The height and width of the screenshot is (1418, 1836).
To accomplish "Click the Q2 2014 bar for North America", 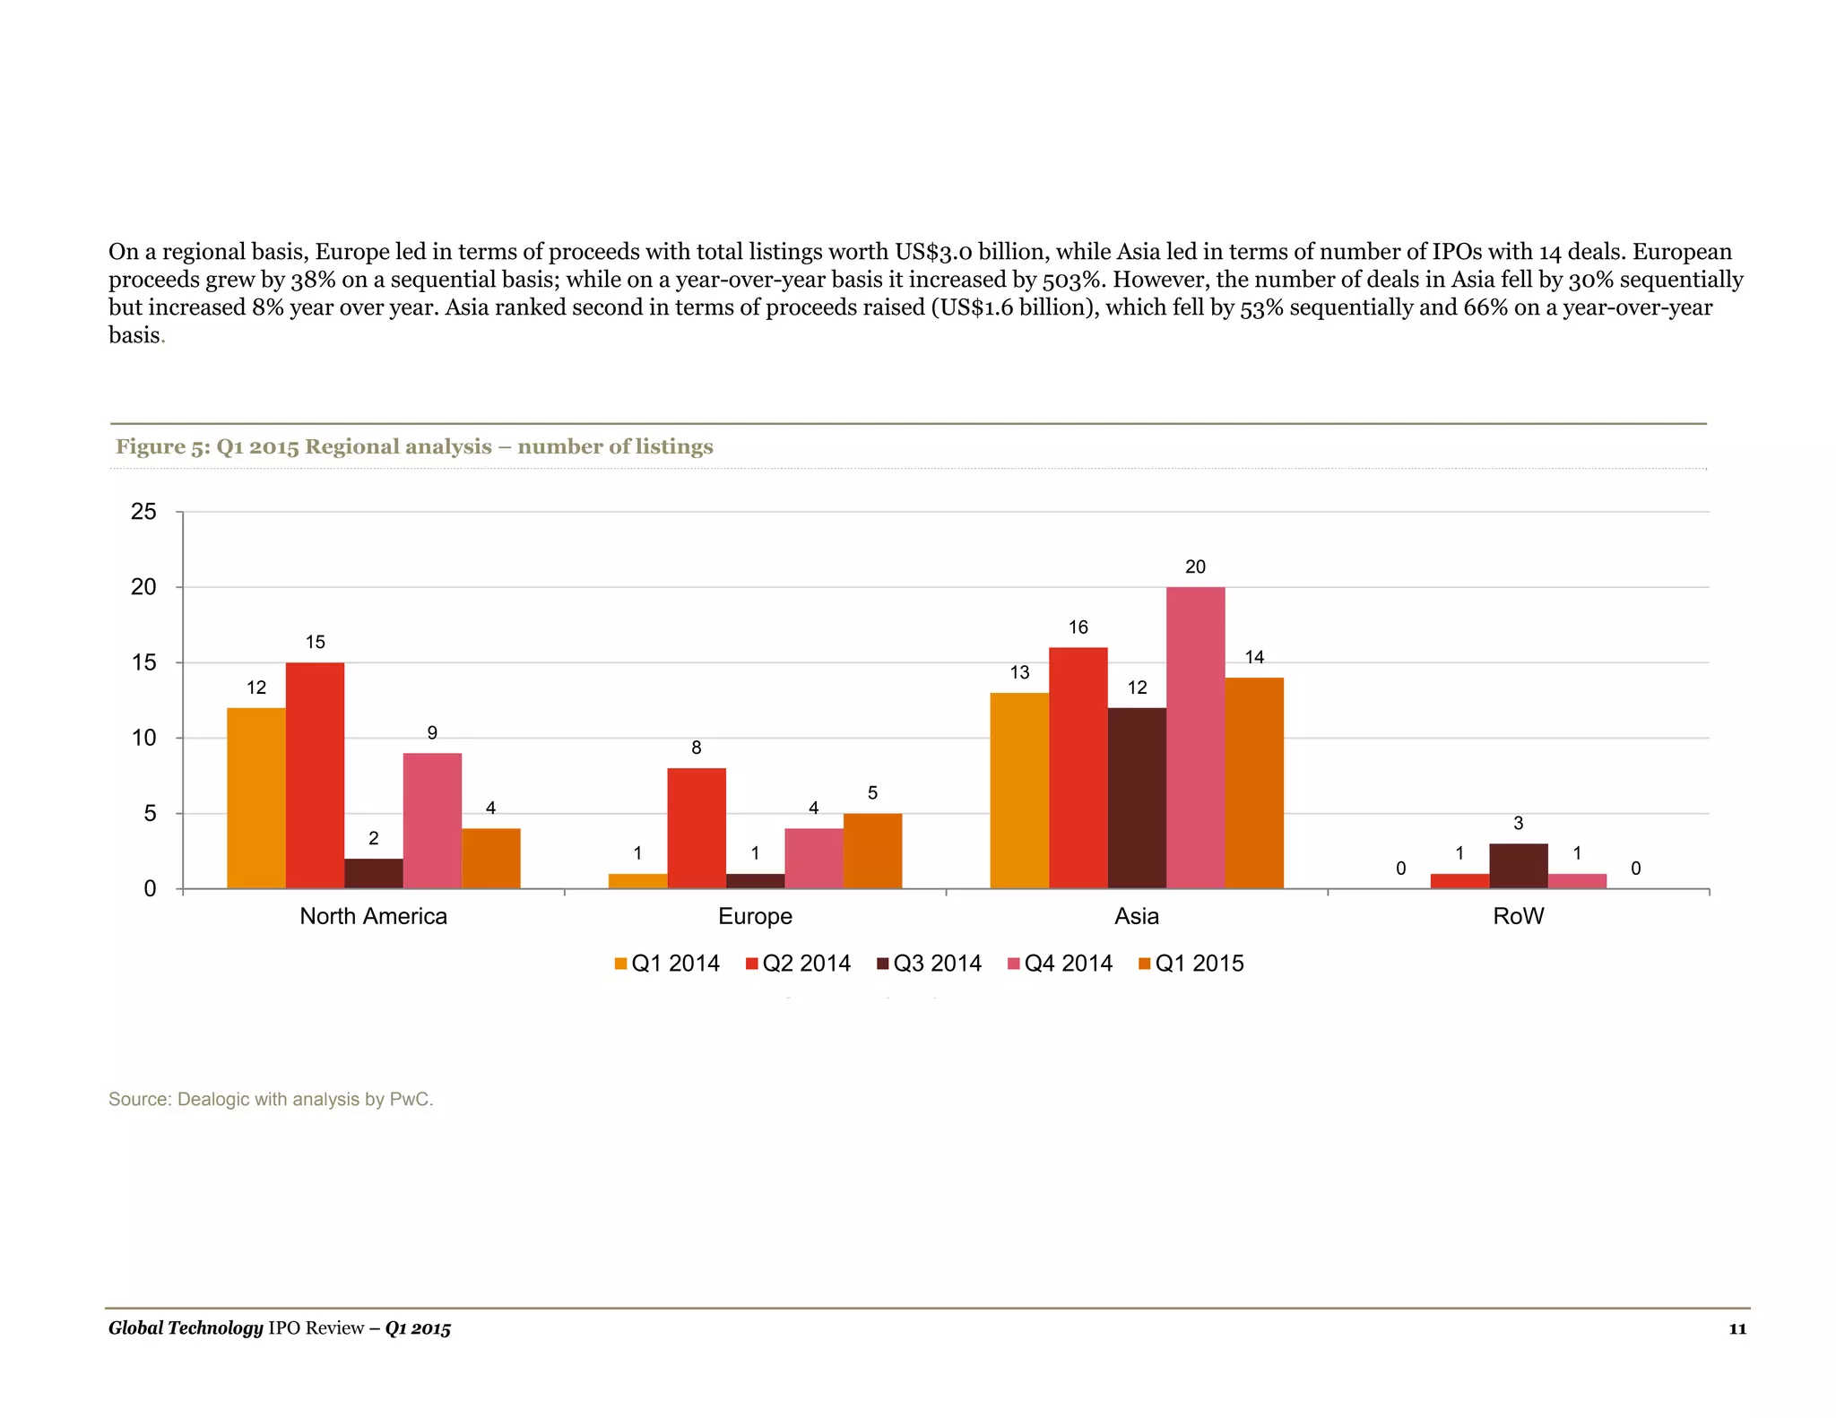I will click(x=315, y=775).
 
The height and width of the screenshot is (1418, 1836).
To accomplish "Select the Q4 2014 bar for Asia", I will click(x=1195, y=738).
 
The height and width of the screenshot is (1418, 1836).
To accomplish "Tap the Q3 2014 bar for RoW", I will click(x=1518, y=866).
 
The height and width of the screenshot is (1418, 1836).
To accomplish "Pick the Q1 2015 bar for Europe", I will click(x=872, y=851).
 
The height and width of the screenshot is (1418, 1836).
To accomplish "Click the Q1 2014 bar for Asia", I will click(x=1019, y=791).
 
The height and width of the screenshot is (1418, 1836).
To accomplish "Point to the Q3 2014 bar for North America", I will click(x=374, y=874).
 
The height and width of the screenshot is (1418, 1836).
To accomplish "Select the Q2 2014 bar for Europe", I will click(x=697, y=828).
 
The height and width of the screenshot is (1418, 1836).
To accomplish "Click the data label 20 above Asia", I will click(x=1195, y=566).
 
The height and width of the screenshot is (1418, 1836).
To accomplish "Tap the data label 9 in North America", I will click(x=432, y=733).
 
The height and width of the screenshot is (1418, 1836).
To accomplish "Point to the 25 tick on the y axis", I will click(x=143, y=512).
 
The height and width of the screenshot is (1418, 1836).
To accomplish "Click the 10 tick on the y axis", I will click(x=143, y=739).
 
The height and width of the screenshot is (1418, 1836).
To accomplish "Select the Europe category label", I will click(x=755, y=916).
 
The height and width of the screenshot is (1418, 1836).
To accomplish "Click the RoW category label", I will click(x=1518, y=916).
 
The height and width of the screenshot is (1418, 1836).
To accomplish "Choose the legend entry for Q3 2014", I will click(x=929, y=964).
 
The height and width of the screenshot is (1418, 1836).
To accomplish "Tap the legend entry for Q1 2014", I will click(x=667, y=964).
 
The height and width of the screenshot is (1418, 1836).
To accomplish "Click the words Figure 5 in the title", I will click(x=160, y=446).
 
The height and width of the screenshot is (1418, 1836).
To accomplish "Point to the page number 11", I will click(x=1737, y=1329).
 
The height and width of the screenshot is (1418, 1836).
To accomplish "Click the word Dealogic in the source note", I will click(x=212, y=1099).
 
